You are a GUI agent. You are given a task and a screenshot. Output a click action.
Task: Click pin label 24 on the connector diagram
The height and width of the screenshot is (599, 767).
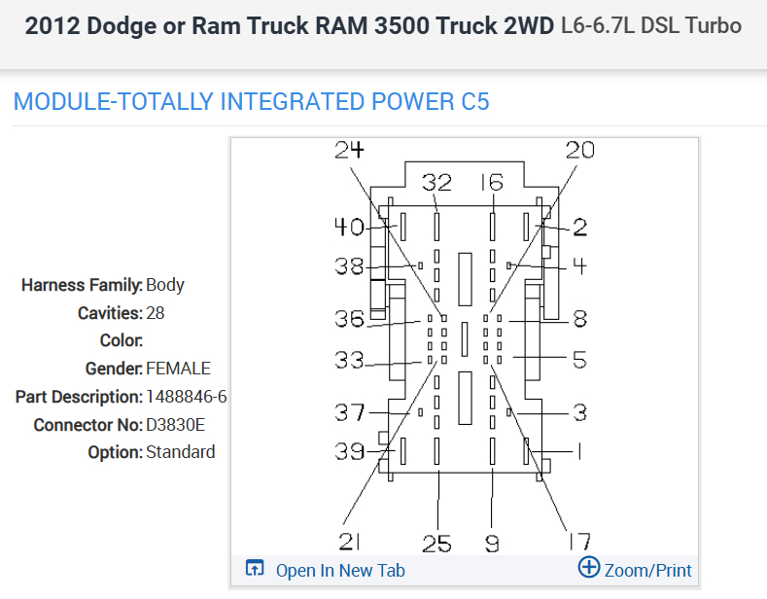tap(349, 150)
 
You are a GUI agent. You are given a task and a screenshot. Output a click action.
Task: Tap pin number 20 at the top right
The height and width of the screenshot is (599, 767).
tap(579, 150)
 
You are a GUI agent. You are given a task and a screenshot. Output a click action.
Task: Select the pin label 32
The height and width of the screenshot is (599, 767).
tap(437, 183)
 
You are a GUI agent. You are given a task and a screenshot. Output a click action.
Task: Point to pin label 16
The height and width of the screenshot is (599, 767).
tap(492, 183)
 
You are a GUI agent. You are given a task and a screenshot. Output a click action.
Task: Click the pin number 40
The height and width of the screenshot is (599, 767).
tap(349, 228)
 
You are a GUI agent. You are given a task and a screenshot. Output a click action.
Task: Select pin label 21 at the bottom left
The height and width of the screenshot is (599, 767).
tap(351, 542)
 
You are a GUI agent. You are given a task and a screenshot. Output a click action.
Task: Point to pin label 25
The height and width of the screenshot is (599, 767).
tap(437, 544)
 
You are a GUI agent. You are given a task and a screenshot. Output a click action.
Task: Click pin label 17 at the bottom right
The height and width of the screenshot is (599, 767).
tap(577, 542)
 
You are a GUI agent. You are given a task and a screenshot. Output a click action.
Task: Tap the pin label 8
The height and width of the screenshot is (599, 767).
tap(579, 319)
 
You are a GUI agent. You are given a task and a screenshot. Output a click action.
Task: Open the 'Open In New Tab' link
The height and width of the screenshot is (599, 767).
tap(340, 571)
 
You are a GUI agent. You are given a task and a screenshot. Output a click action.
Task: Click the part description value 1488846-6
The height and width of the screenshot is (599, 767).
tap(187, 397)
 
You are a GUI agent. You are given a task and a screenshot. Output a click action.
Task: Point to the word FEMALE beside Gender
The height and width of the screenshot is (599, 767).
tap(178, 369)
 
